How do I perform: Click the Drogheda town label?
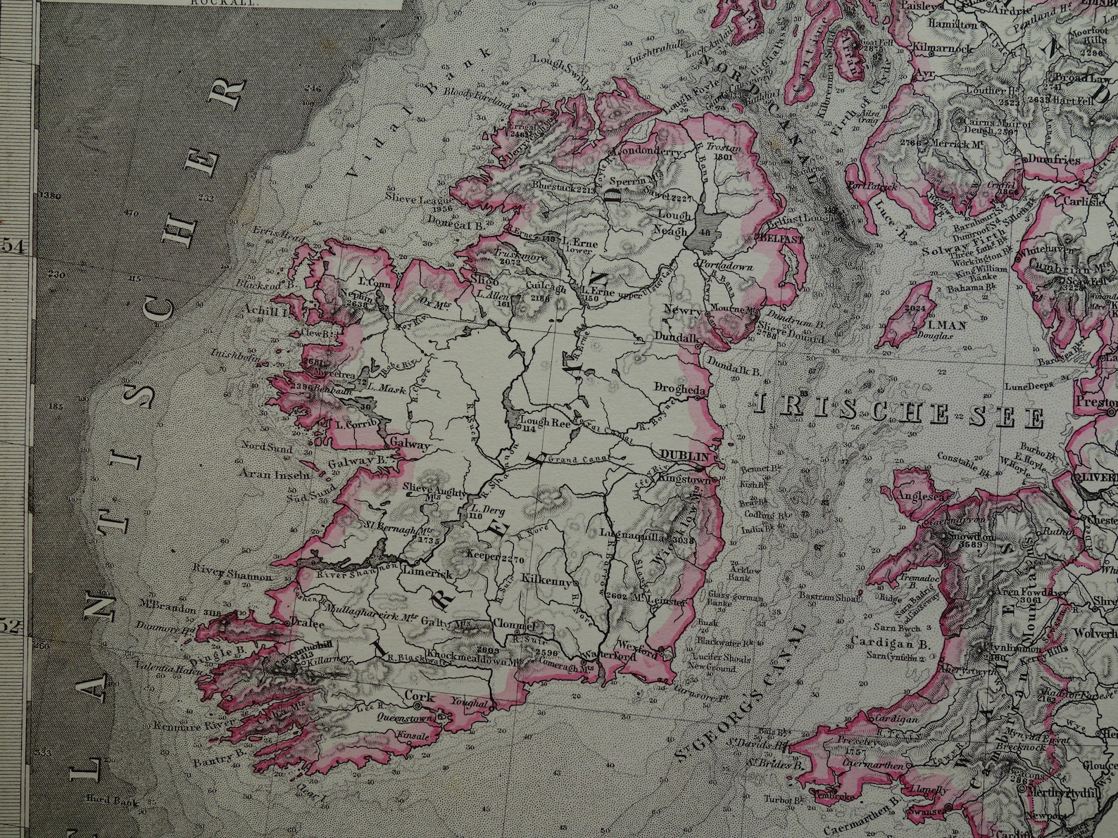(x=681, y=388)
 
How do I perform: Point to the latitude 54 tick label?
(x=16, y=247)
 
